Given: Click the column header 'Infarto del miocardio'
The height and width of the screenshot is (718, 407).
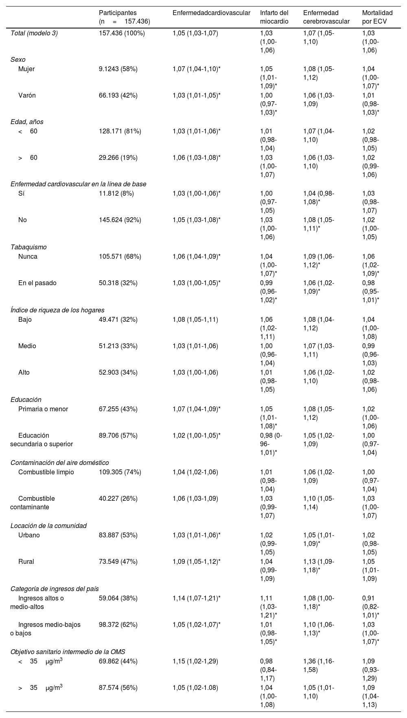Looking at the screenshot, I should point(274,17).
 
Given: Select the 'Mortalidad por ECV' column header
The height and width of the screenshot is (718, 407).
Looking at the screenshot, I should point(377,17).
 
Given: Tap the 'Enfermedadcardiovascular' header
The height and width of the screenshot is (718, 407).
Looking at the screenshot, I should point(211,13).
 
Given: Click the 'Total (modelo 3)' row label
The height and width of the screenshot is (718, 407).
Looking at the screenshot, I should point(34,33).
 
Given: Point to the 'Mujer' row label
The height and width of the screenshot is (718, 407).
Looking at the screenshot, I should point(26,69).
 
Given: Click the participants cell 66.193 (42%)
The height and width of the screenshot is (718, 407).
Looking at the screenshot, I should point(118,96).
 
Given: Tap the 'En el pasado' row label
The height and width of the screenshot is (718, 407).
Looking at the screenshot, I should point(37,283).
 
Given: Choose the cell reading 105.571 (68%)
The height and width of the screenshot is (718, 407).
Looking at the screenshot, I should point(120,257).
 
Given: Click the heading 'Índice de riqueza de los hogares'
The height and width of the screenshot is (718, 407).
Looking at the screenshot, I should point(57,310).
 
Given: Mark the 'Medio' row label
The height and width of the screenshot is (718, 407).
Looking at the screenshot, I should point(27,346).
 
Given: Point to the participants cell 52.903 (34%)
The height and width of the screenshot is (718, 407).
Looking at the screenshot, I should point(118,373).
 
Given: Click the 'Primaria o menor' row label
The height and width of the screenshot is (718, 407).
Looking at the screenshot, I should point(43,409).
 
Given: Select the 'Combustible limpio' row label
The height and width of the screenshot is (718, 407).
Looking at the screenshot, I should point(46,472).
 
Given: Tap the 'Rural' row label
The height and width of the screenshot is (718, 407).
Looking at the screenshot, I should point(26,562).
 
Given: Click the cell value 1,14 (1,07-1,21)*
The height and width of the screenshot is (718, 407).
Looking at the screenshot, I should point(197,598).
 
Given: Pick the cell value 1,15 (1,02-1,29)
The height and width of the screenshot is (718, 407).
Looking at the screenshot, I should point(195,661).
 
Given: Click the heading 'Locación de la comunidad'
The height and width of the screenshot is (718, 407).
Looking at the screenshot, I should point(48,526).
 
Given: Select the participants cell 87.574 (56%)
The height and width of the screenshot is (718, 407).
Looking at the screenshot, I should point(118,688).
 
